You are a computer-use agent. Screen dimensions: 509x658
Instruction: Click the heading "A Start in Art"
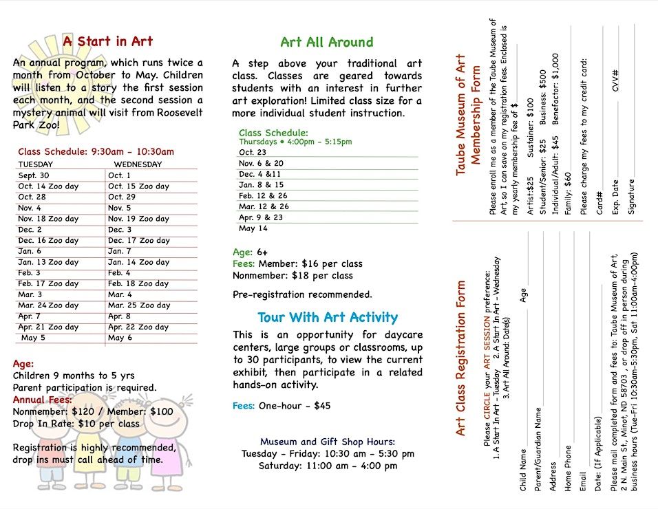click(x=108, y=41)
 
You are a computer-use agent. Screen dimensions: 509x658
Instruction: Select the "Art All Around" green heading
click(x=327, y=42)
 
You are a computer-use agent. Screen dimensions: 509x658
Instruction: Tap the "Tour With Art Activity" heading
click(x=328, y=317)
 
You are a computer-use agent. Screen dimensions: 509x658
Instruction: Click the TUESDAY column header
click(x=35, y=164)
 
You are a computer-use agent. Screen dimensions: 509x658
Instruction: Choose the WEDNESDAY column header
click(x=138, y=164)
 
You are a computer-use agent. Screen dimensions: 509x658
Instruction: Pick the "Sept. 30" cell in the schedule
click(x=34, y=175)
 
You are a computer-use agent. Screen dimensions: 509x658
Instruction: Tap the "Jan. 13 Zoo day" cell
click(x=48, y=262)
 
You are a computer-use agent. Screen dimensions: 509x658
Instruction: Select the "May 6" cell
click(x=120, y=338)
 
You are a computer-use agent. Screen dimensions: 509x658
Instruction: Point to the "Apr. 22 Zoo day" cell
click(x=138, y=327)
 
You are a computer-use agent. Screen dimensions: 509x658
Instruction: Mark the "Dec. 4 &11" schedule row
click(x=260, y=174)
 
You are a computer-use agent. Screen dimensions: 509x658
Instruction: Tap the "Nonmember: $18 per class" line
click(x=293, y=276)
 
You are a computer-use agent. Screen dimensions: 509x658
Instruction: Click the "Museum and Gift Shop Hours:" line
click(x=328, y=442)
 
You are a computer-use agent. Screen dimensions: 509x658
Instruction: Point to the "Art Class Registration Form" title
click(x=460, y=358)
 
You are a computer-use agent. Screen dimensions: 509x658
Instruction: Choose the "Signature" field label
click(x=632, y=197)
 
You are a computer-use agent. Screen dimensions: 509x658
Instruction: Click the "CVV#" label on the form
click(x=615, y=81)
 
